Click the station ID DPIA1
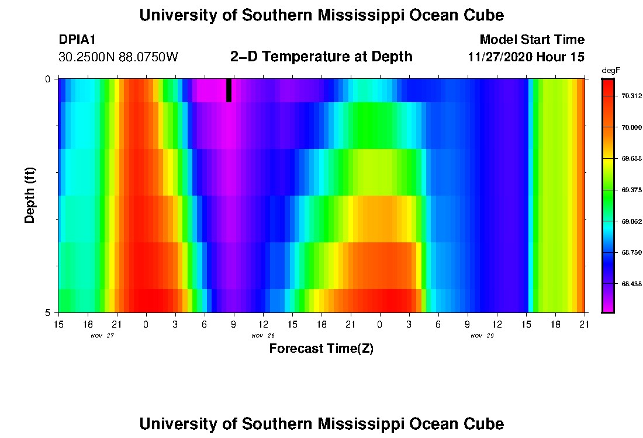pyautogui.click(x=77, y=40)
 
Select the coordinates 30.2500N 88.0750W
pyautogui.click(x=118, y=57)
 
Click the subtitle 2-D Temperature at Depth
pyautogui.click(x=321, y=57)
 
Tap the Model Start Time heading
pyautogui.click(x=532, y=40)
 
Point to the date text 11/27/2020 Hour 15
pyautogui.click(x=526, y=57)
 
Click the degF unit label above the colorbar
pyautogui.click(x=610, y=70)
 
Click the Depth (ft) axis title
pyautogui.click(x=30, y=196)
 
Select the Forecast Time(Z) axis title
pyautogui.click(x=321, y=349)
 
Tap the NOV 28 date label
pyautogui.click(x=263, y=336)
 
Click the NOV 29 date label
pyautogui.click(x=482, y=336)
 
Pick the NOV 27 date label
pyautogui.click(x=102, y=336)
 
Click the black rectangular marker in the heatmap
pyautogui.click(x=229, y=90)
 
